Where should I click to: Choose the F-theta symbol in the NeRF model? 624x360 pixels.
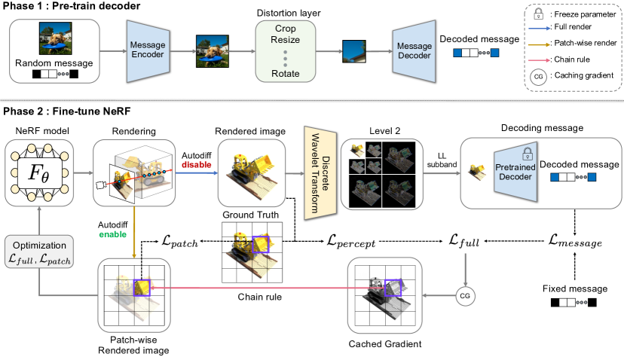[x=38, y=172]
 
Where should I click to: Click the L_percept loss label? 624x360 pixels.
[x=350, y=241]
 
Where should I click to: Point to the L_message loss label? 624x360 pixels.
[x=575, y=241]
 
